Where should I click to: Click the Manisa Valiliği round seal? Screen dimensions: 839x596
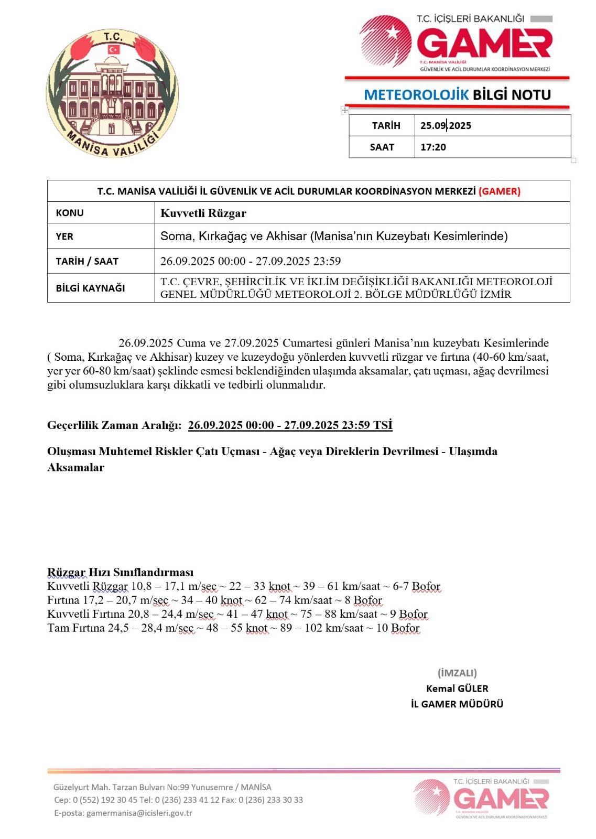click(x=112, y=93)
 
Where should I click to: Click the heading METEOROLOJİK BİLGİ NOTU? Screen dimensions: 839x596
click(x=457, y=95)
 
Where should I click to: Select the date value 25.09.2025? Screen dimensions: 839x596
click(x=446, y=126)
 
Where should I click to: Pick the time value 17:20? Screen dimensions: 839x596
click(x=433, y=147)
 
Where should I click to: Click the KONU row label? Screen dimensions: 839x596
click(x=70, y=213)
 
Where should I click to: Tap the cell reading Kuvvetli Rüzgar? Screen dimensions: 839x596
click(x=203, y=213)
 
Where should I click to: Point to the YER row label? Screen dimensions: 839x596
click(x=64, y=236)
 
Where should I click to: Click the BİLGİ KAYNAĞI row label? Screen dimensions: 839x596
click(x=90, y=288)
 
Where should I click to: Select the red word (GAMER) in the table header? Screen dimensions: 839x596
click(x=499, y=191)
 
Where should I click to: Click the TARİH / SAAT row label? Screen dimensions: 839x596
click(x=87, y=261)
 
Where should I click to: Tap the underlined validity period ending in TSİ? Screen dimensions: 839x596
click(x=290, y=425)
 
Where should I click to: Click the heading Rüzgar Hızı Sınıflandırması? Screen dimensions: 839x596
click(x=120, y=572)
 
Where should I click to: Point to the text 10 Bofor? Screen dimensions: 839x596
click(x=398, y=628)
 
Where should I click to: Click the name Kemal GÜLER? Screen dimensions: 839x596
click(x=457, y=689)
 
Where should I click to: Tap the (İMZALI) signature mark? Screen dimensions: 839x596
click(x=457, y=673)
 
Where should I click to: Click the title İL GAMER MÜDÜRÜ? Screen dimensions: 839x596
click(x=457, y=704)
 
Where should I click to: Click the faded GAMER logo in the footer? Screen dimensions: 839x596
click(x=481, y=799)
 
